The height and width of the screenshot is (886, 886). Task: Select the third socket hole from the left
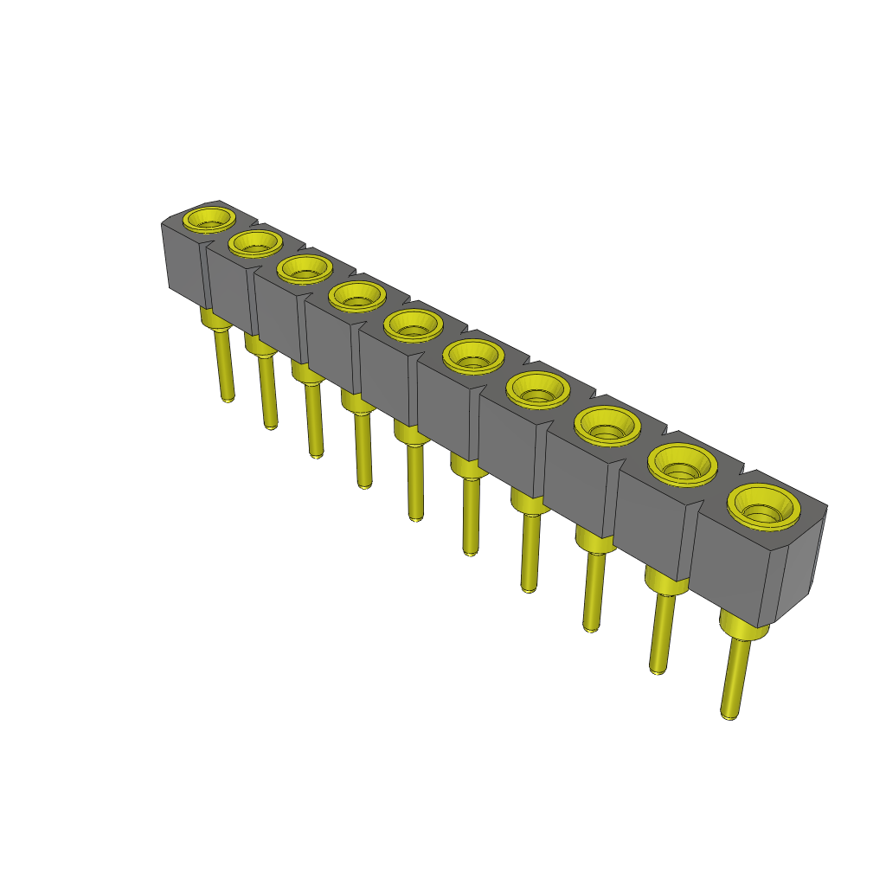click(x=305, y=268)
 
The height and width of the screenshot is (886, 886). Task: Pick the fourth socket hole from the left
click(x=356, y=296)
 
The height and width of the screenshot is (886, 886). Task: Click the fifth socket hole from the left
click(x=413, y=325)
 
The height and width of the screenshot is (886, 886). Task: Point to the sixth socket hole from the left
click(x=472, y=356)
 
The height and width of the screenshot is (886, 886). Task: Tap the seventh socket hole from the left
click(x=537, y=389)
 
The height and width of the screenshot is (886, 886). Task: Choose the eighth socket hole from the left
click(x=607, y=425)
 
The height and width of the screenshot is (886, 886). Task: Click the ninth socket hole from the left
click(x=682, y=465)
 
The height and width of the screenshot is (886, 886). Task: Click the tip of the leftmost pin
click(x=227, y=399)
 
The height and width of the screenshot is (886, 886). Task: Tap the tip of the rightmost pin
click(x=729, y=714)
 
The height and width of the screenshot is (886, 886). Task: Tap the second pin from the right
click(x=660, y=632)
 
